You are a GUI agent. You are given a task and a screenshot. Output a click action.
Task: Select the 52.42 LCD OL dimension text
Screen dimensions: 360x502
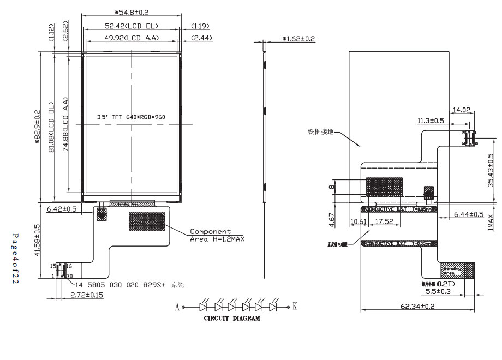(x=132, y=26)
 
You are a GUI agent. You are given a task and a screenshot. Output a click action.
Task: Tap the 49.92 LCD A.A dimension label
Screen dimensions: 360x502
(x=132, y=38)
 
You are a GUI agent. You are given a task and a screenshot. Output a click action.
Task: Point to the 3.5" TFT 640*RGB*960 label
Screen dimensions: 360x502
(x=131, y=117)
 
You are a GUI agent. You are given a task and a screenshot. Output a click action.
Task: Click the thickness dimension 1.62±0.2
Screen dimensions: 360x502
(x=298, y=39)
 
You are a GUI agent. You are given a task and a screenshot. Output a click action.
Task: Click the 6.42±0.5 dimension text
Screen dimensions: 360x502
(x=62, y=209)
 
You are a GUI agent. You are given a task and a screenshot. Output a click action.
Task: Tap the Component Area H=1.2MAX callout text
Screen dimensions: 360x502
(x=217, y=235)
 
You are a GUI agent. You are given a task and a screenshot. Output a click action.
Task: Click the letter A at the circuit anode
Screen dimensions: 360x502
(x=177, y=307)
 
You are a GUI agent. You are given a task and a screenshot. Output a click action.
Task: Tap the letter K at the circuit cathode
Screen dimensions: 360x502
(x=295, y=307)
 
